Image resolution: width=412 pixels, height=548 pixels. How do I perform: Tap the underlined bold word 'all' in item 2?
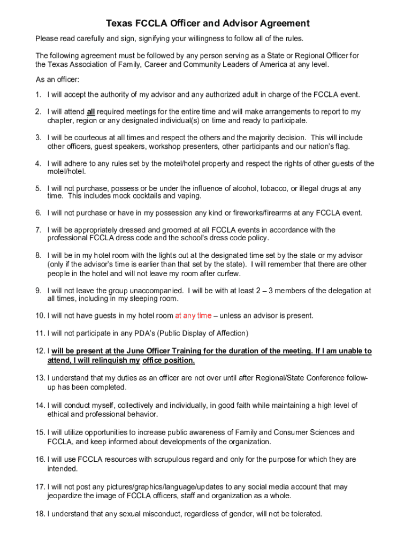tap(91, 112)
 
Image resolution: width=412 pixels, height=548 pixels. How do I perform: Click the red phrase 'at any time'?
tap(193, 316)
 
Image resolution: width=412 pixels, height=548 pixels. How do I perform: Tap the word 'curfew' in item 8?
tap(228, 274)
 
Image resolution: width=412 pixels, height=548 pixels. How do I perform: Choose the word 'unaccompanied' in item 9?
tap(158, 291)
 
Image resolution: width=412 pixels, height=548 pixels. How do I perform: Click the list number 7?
tap(38, 230)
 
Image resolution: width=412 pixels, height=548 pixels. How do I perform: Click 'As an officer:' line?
tap(57, 80)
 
